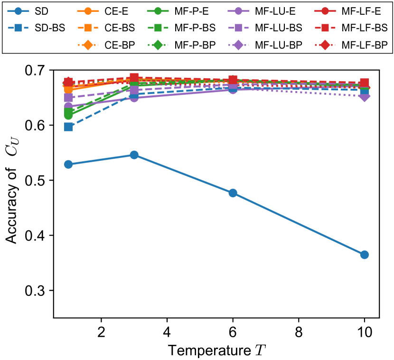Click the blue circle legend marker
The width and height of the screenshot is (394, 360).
click(18, 11)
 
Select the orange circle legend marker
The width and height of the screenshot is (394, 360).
click(88, 11)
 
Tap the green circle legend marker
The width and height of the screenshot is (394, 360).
click(158, 11)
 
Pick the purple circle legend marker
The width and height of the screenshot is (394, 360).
click(238, 11)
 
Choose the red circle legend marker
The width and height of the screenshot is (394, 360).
click(325, 11)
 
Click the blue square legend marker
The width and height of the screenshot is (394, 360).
click(18, 28)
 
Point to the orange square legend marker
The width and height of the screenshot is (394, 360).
click(88, 28)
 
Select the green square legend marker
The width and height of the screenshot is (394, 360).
click(158, 28)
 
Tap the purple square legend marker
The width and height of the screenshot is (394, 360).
click(238, 28)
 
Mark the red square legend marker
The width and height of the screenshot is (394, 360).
click(325, 28)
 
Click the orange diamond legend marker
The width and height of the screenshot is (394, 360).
click(88, 45)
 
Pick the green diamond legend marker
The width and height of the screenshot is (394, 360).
click(158, 45)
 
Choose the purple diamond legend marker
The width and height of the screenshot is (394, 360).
click(238, 45)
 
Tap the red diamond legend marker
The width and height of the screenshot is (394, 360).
click(325, 45)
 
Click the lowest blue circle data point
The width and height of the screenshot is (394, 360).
click(364, 255)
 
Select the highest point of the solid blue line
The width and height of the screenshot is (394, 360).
click(134, 155)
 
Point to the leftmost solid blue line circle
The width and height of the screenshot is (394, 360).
click(68, 164)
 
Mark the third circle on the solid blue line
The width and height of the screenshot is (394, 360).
click(233, 193)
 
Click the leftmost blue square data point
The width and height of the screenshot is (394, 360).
click(68, 127)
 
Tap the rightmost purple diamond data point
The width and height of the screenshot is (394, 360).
click(364, 96)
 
